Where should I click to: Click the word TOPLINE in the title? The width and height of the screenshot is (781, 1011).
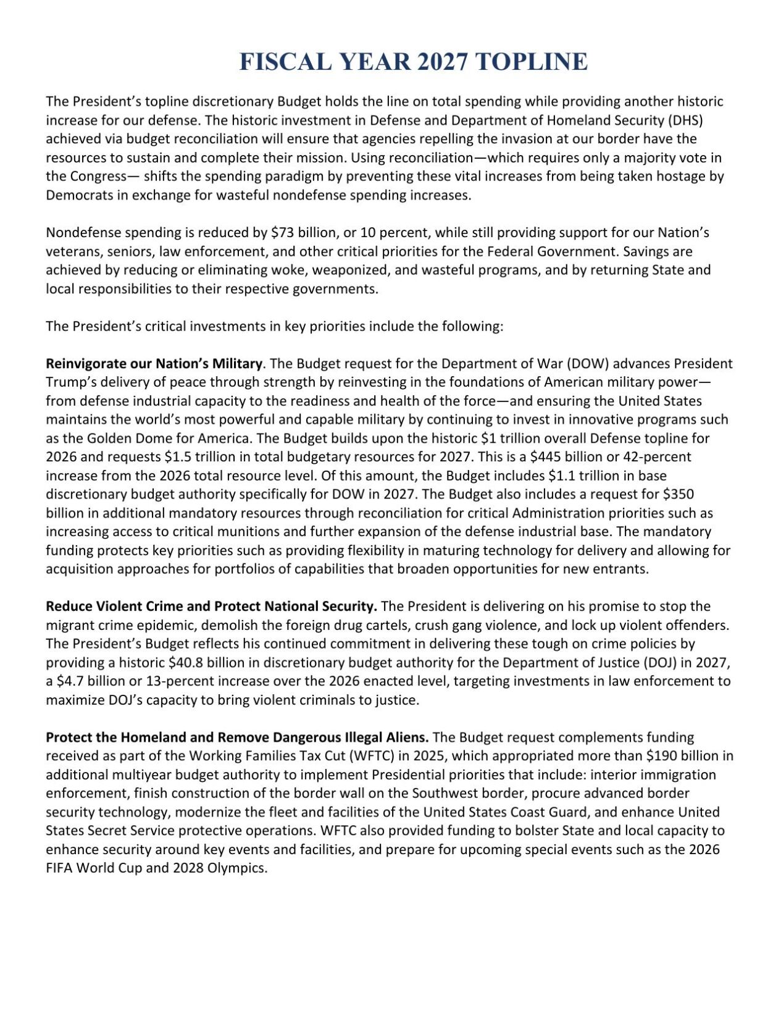(x=532, y=62)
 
